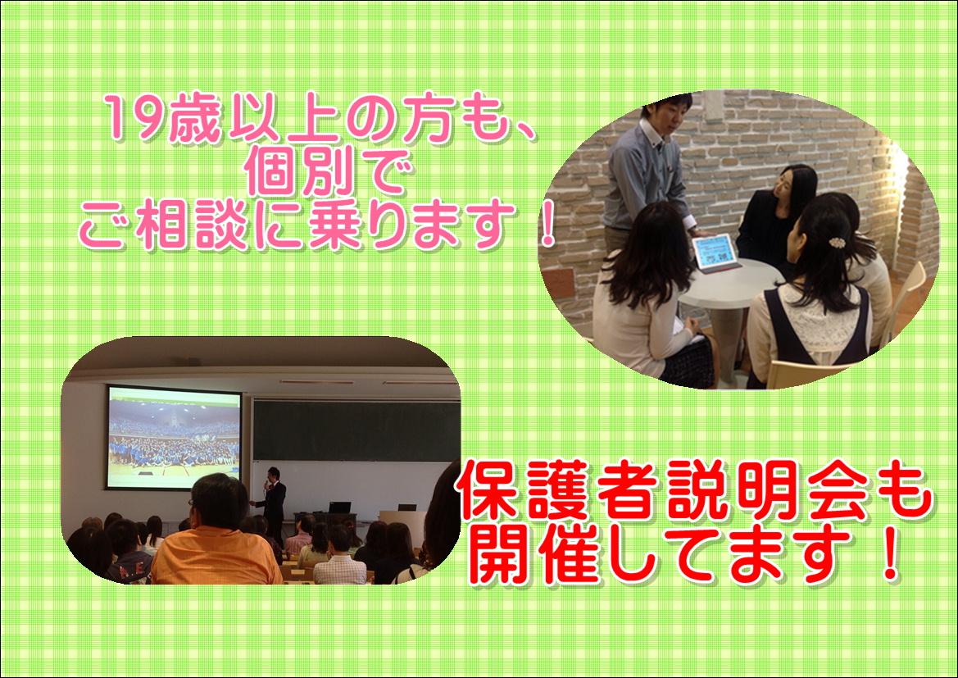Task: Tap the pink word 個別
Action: [300, 173]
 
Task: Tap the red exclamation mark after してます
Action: [891, 553]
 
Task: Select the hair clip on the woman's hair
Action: [837, 243]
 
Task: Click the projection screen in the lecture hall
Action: [174, 437]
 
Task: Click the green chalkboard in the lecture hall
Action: [356, 430]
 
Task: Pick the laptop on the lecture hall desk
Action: [340, 507]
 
